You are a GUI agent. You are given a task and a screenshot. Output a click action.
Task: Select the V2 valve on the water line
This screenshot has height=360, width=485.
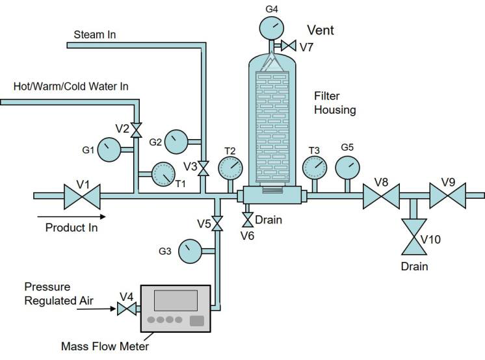[x=136, y=130]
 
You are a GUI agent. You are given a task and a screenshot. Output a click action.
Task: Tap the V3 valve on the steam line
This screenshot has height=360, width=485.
[x=204, y=168]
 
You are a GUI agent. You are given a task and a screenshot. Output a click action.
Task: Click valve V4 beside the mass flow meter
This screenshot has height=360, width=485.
[x=126, y=309]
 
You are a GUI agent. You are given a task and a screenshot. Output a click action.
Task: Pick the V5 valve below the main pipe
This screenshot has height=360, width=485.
[x=218, y=224]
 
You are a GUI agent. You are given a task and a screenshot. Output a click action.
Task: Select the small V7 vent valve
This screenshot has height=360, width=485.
[x=287, y=46]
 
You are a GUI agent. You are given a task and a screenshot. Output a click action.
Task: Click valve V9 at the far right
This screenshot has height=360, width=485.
[x=449, y=195]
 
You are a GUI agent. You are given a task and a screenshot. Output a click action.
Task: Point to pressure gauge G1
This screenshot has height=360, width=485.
[x=109, y=149]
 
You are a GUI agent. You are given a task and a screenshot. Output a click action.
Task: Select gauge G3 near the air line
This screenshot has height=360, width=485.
[x=189, y=250]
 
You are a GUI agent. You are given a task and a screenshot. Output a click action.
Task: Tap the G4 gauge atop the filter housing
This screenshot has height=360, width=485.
[x=271, y=27]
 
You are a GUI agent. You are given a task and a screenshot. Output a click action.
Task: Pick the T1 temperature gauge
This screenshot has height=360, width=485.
[x=163, y=174]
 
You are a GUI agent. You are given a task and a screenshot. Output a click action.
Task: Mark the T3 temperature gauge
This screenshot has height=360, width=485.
[x=315, y=168]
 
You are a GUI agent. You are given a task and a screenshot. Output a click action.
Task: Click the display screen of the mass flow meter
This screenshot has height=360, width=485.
[x=176, y=300]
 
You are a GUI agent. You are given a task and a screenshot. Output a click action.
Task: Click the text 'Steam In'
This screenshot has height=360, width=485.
[x=95, y=34]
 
